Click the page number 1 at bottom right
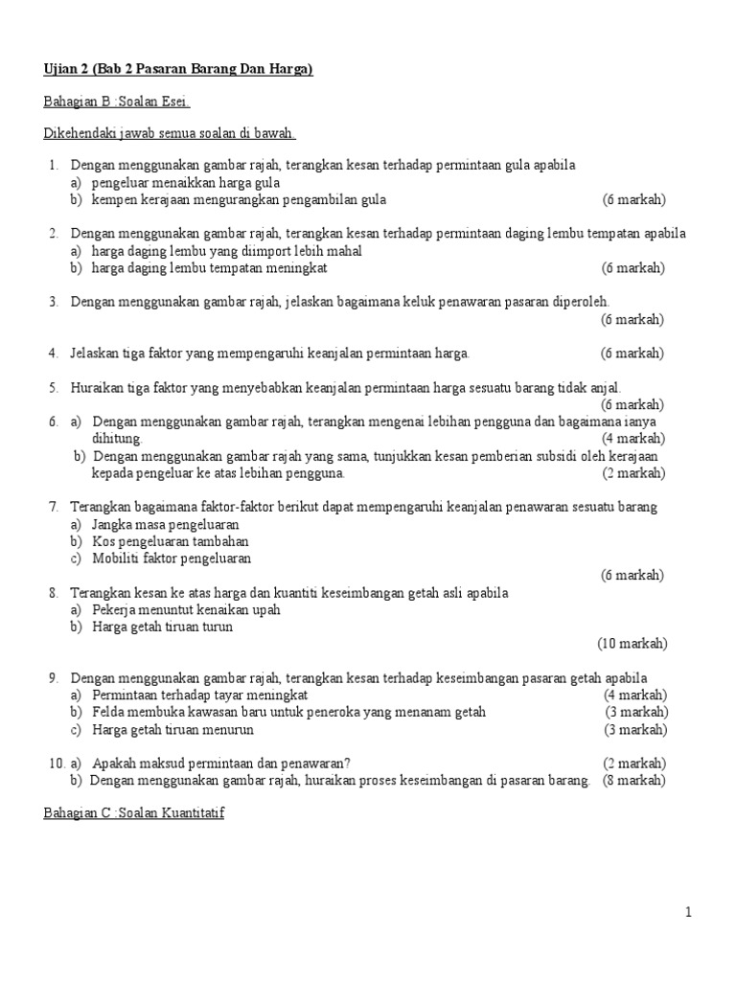[x=688, y=913]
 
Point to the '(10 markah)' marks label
[x=632, y=643]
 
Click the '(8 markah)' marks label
[x=634, y=780]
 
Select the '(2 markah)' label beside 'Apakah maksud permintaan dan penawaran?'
[x=634, y=764]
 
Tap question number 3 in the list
[x=54, y=302]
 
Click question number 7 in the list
[x=54, y=507]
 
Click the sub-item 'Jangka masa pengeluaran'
[x=166, y=524]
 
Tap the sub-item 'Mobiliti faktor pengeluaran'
[x=172, y=559]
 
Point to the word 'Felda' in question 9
[x=109, y=712]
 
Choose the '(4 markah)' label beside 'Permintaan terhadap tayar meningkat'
[x=635, y=695]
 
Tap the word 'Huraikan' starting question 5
[x=97, y=387]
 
